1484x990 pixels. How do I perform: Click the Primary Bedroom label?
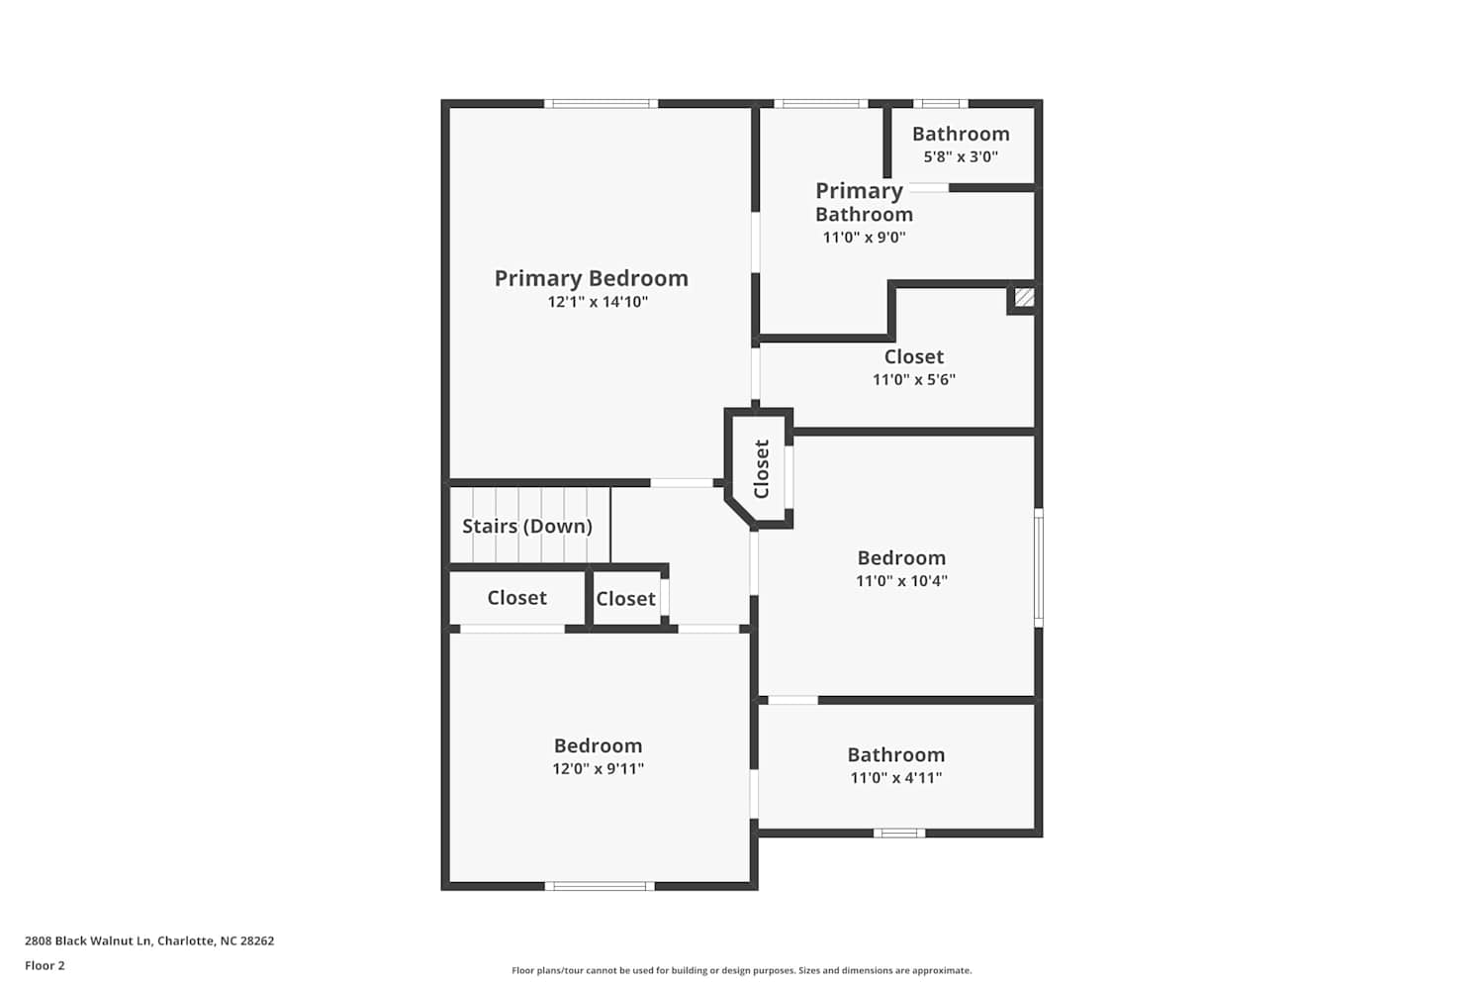(x=591, y=279)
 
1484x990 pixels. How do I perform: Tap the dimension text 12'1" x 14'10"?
(x=598, y=302)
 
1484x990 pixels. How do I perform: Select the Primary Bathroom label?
(x=864, y=202)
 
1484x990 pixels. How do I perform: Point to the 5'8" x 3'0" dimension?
(x=961, y=157)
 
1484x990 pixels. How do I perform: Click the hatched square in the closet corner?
(x=1024, y=297)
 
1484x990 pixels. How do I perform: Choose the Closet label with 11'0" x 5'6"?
(x=913, y=356)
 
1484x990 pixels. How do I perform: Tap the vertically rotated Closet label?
(x=761, y=469)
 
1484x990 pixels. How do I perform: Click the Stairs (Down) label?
(x=527, y=527)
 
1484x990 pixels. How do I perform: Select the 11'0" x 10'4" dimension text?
(x=901, y=581)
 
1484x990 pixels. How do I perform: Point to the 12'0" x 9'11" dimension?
(x=599, y=769)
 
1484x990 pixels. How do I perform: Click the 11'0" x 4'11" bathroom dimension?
(x=896, y=778)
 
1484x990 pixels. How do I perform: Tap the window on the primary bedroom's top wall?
(x=601, y=103)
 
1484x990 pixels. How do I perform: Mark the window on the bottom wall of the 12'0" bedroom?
(x=600, y=886)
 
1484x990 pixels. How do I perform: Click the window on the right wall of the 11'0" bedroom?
(x=1039, y=567)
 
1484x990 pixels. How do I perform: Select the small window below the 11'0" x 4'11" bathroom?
(x=899, y=834)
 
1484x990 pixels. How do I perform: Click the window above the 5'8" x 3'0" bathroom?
(x=941, y=103)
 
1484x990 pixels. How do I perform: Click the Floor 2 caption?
(x=46, y=965)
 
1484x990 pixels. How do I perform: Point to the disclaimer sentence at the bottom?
(x=742, y=970)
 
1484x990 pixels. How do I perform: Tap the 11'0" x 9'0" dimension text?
(x=864, y=238)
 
